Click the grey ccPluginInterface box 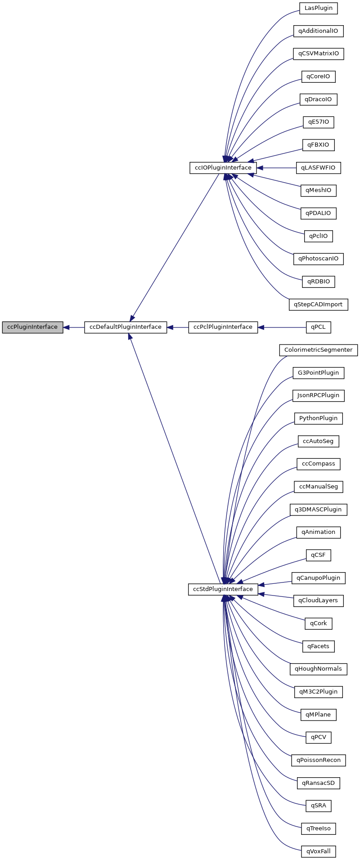pyautogui.click(x=32, y=327)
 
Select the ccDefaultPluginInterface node pyautogui.click(x=126, y=327)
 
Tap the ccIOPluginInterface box pyautogui.click(x=223, y=168)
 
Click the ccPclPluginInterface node pyautogui.click(x=223, y=327)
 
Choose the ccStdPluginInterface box pyautogui.click(x=223, y=589)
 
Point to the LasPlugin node pyautogui.click(x=318, y=8)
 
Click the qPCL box pyautogui.click(x=318, y=327)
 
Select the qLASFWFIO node pyautogui.click(x=318, y=168)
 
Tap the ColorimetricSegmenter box pyautogui.click(x=318, y=350)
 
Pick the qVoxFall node pyautogui.click(x=318, y=851)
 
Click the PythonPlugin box pyautogui.click(x=318, y=418)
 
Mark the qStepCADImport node pyautogui.click(x=318, y=305)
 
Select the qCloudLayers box pyautogui.click(x=318, y=600)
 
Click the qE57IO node pyautogui.click(x=318, y=122)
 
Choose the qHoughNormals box pyautogui.click(x=318, y=669)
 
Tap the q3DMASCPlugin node pyautogui.click(x=318, y=510)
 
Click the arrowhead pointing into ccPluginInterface pyautogui.click(x=67, y=327)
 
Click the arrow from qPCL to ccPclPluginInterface pyautogui.click(x=283, y=327)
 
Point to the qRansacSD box pyautogui.click(x=318, y=783)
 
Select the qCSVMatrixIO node pyautogui.click(x=318, y=54)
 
